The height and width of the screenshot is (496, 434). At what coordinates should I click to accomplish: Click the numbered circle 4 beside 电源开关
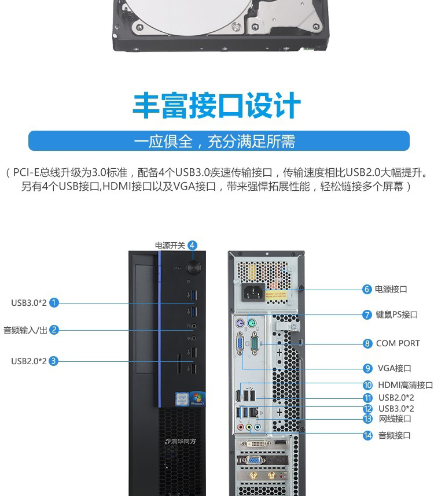pyautogui.click(x=192, y=246)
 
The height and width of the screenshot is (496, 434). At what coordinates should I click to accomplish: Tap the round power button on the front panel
pyautogui.click(x=193, y=267)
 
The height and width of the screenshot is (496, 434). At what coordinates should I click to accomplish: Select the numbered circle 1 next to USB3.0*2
pyautogui.click(x=54, y=303)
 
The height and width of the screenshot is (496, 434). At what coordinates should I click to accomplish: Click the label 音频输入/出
pyautogui.click(x=25, y=330)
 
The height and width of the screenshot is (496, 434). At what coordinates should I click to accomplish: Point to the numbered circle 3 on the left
pyautogui.click(x=53, y=361)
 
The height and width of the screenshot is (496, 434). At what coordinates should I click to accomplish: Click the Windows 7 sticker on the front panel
pyautogui.click(x=197, y=399)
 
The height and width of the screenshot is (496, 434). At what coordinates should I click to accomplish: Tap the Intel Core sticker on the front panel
pyautogui.click(x=182, y=399)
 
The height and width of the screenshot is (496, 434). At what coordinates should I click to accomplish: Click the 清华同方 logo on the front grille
pyautogui.click(x=181, y=441)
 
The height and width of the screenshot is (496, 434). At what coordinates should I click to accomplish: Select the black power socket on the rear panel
pyautogui.click(x=253, y=292)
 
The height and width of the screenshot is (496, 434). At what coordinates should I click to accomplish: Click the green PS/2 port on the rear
pyautogui.click(x=251, y=324)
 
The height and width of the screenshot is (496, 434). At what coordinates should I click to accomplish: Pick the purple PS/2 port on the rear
pyautogui.click(x=240, y=324)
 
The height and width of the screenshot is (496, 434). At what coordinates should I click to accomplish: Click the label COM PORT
pyautogui.click(x=398, y=343)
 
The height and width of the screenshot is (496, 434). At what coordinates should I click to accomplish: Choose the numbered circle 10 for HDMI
pyautogui.click(x=367, y=385)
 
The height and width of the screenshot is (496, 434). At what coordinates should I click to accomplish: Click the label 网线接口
pyautogui.click(x=395, y=419)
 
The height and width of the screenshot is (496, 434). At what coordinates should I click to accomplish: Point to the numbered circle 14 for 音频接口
pyautogui.click(x=367, y=435)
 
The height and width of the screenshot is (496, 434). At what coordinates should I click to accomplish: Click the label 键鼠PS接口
pyautogui.click(x=396, y=314)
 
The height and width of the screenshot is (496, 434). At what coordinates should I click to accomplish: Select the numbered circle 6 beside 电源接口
pyautogui.click(x=367, y=289)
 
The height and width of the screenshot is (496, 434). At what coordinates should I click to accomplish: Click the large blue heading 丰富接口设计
pyautogui.click(x=216, y=105)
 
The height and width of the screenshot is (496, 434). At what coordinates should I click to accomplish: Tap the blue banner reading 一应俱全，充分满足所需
pyautogui.click(x=219, y=141)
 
